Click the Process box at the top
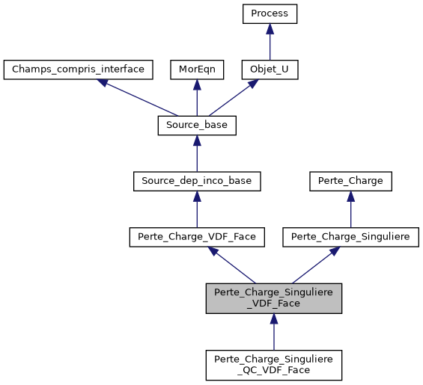270,13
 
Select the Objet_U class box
270,70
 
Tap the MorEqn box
197,70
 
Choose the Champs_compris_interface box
79,70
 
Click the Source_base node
197,125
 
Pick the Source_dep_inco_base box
197,180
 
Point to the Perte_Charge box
350,180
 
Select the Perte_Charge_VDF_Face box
197,236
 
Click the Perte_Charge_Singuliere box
350,236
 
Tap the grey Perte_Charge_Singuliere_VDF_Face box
274,298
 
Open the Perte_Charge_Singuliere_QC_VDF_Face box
274,364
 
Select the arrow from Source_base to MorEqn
197,97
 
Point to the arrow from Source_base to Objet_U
234,97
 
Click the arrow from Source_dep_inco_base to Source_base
197,153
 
